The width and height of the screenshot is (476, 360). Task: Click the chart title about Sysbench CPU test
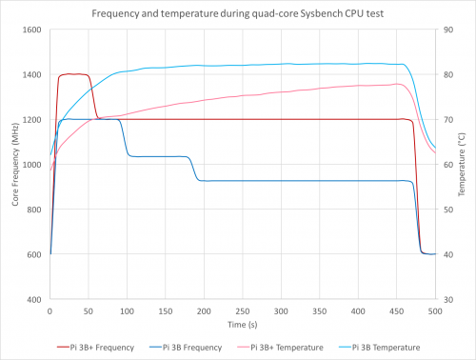tap(238, 13)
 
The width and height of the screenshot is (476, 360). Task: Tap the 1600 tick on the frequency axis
tap(31, 30)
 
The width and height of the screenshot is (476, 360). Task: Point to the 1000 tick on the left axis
tap(31, 165)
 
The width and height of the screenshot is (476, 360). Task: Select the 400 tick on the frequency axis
tap(34, 300)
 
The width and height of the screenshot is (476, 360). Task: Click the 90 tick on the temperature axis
tap(448, 30)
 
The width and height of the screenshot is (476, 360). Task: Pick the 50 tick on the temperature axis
tap(448, 210)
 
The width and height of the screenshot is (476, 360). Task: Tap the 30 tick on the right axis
tap(448, 300)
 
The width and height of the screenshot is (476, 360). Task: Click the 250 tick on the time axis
tap(243, 311)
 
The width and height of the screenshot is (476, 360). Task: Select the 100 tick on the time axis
tap(127, 311)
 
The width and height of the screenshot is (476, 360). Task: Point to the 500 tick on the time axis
tap(435, 311)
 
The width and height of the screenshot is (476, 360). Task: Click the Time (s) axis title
tap(243, 325)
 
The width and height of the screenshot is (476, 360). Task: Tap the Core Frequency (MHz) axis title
tap(15, 164)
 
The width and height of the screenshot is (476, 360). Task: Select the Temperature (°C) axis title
tap(462, 164)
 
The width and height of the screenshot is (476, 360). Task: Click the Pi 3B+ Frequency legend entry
tap(95, 348)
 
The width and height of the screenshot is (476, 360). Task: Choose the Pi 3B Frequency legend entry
tap(186, 348)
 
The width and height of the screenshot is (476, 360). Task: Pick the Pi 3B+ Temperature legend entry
tap(280, 348)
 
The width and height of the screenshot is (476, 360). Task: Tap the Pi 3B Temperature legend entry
tap(380, 348)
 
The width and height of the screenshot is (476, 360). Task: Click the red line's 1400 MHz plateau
tap(73, 74)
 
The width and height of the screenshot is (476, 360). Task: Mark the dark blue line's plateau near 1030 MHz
tap(158, 156)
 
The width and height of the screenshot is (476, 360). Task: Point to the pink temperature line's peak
tap(397, 84)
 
